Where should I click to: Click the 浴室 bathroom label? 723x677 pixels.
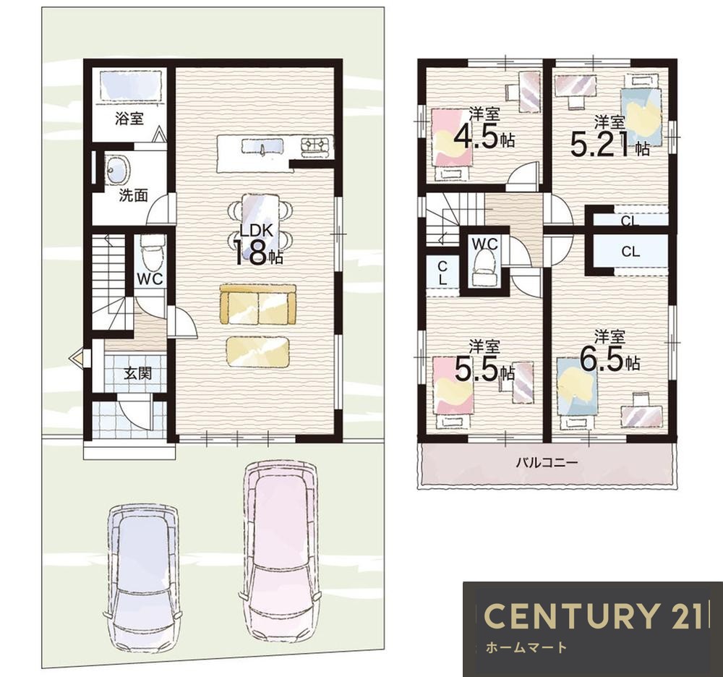pos(129,119)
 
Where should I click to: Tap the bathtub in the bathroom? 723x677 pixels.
pos(132,85)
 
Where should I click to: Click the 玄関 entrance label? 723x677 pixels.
pos(138,372)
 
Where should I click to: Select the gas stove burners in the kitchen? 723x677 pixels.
pos(317,145)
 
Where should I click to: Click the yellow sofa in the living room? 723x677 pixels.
pos(258,305)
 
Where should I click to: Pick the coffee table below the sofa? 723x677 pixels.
pos(257,352)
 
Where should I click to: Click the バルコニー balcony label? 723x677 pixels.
pos(547,462)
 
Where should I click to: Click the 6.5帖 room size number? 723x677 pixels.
pos(609,359)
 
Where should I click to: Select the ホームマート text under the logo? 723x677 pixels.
pos(526,647)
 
